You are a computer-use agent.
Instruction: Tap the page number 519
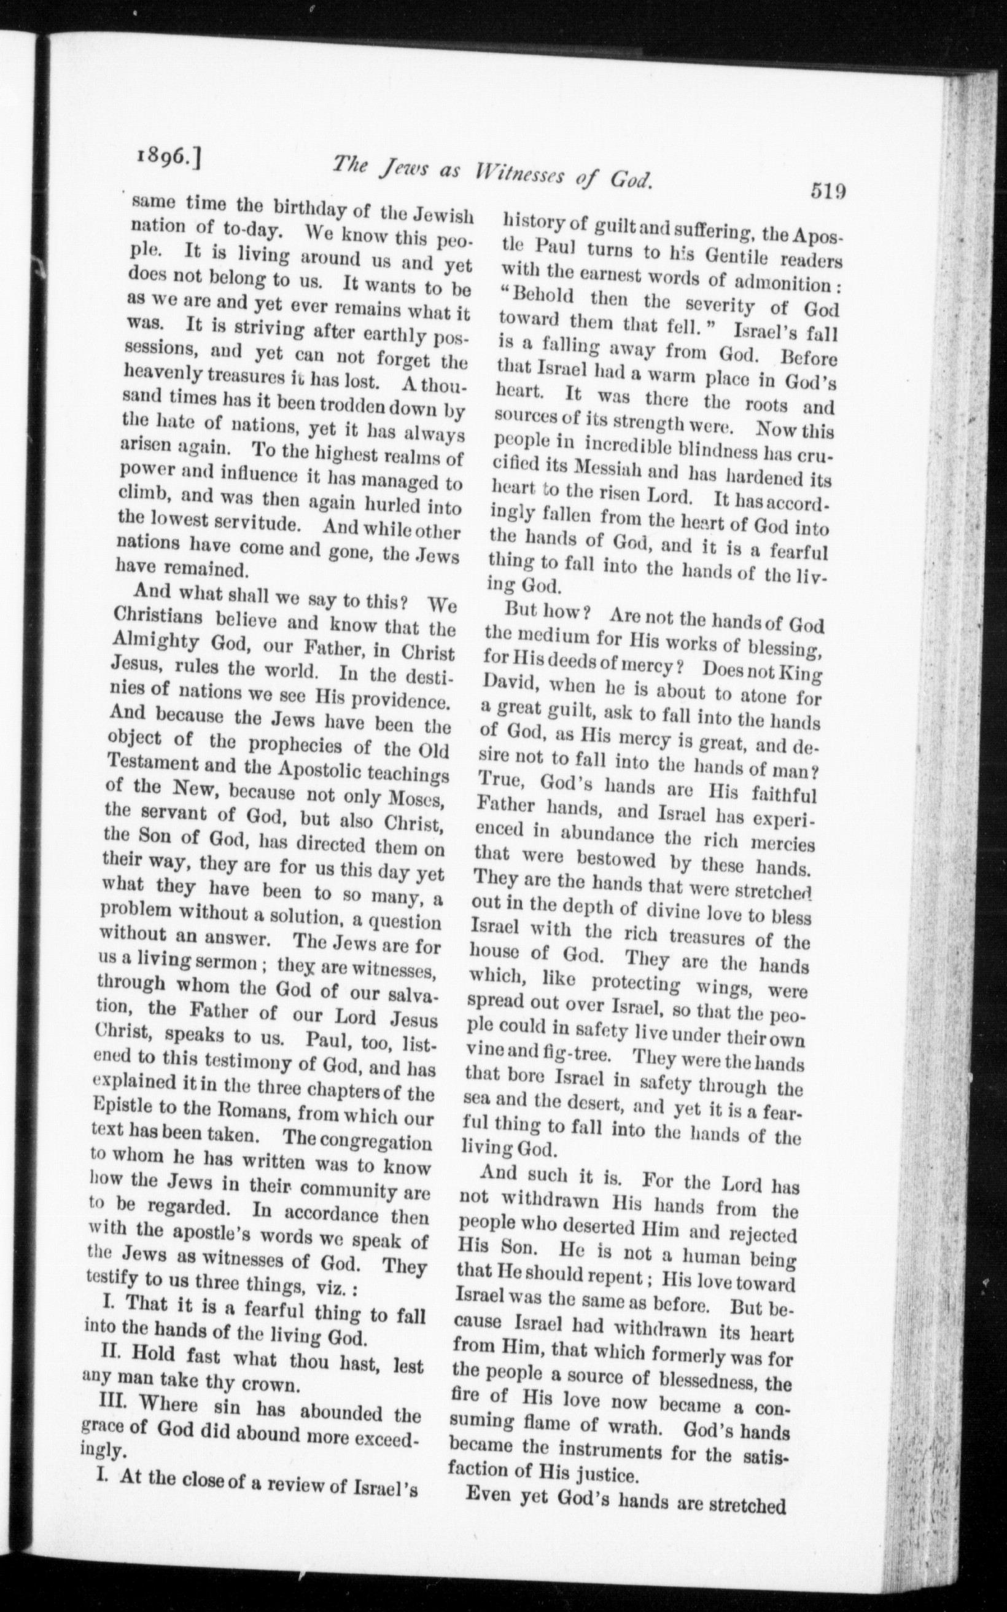tap(828, 191)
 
